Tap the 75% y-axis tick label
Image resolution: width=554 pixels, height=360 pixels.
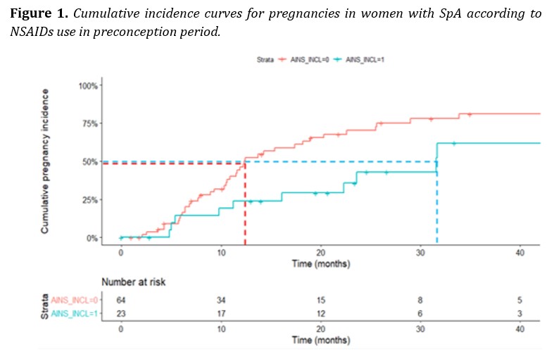point(90,124)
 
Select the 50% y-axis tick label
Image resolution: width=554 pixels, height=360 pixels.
point(90,162)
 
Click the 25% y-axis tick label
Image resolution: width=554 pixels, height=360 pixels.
point(90,200)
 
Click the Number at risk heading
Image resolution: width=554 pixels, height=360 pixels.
point(134,283)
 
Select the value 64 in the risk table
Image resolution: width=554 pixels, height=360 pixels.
point(121,302)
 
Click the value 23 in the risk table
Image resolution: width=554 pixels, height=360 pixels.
point(121,314)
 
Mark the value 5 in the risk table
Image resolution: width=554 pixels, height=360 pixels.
point(520,302)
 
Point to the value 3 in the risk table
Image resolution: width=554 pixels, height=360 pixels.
point(520,314)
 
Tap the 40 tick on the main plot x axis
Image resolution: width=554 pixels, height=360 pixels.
point(520,252)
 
